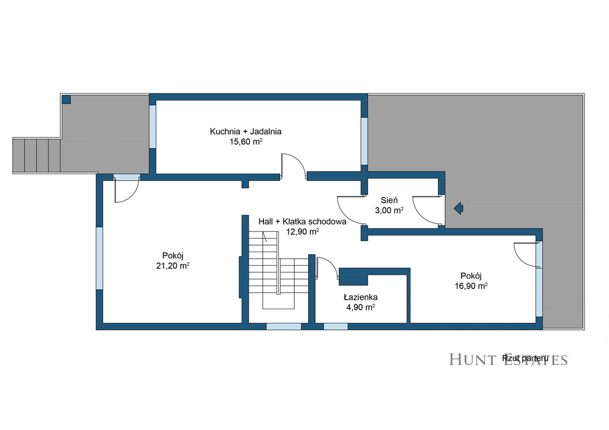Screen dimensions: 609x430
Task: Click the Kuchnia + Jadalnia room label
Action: coord(246,131)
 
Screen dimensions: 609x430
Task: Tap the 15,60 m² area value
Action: coord(246,142)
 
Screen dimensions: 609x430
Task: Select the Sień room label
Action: coord(389,200)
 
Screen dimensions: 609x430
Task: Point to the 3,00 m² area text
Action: coord(389,211)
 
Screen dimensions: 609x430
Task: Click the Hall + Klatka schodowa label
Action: coord(303,222)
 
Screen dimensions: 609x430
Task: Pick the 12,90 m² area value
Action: coord(303,232)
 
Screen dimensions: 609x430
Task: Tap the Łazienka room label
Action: coord(360,297)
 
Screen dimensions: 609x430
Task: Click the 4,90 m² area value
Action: coord(360,307)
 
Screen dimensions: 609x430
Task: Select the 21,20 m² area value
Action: coord(173,266)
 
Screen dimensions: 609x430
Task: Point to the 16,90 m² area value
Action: coord(471,286)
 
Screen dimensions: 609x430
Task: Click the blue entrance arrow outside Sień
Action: coord(459,209)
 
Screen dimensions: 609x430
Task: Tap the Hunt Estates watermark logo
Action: coord(508,359)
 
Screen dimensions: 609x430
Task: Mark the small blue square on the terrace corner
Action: coord(67,99)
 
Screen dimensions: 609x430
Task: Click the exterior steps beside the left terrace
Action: coord(36,155)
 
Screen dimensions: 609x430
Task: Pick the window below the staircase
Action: coord(284,327)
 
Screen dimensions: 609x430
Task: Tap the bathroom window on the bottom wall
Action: coord(335,327)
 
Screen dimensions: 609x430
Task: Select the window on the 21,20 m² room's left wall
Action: coord(99,258)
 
